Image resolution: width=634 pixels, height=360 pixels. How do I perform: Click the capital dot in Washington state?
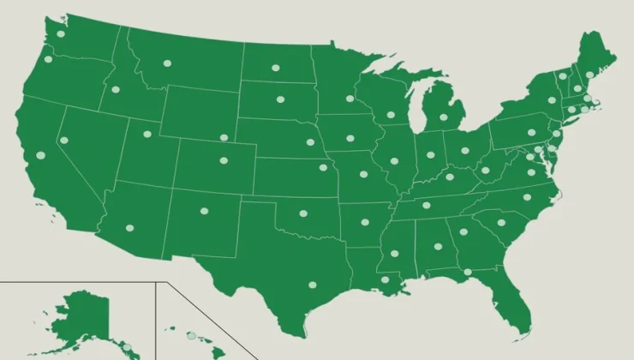point(61,34)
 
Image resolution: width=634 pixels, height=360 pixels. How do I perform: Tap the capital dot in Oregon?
point(48,60)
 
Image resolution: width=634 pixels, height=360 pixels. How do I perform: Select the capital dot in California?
point(39,155)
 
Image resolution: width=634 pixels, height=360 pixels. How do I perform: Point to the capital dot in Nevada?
point(63,141)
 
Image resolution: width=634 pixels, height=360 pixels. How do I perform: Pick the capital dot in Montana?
point(167,63)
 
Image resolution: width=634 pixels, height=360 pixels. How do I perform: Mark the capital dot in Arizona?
point(130,228)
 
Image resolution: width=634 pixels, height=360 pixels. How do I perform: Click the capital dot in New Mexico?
point(204,211)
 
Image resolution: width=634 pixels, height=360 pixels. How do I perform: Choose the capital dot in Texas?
point(312,285)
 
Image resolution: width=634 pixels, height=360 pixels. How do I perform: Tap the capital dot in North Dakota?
point(276,68)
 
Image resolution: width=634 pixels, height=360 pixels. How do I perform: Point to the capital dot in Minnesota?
point(350,99)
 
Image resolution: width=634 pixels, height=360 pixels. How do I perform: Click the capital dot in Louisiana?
point(385,279)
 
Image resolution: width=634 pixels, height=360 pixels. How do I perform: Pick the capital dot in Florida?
point(467,273)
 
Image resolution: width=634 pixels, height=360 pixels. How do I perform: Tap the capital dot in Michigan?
point(444,117)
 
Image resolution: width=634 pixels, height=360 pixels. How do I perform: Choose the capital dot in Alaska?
point(126,346)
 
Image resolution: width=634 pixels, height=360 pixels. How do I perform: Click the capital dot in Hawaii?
point(192,335)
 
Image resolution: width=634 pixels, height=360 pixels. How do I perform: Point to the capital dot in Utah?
point(142,134)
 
